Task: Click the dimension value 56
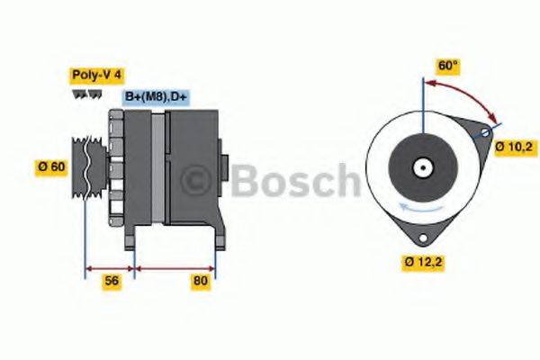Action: coord(112,282)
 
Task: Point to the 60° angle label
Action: coord(447,66)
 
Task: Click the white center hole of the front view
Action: coord(421,167)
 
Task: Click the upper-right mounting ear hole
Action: coord(485,133)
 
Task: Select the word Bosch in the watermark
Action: coord(292,180)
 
